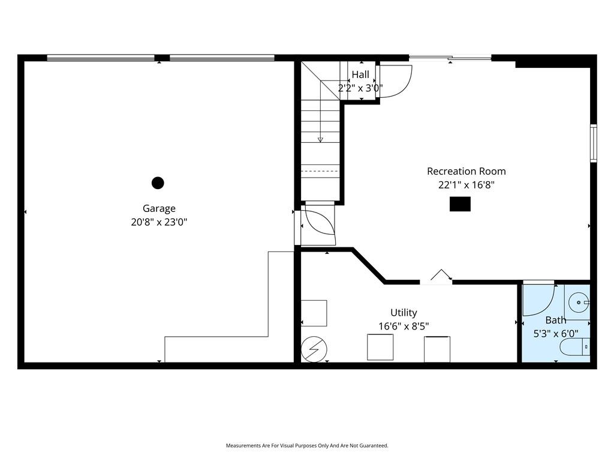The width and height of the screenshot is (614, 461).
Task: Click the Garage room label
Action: coord(159,208)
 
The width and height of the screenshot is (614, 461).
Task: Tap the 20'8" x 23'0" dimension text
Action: coord(159,222)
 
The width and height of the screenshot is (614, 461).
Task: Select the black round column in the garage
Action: coord(158,182)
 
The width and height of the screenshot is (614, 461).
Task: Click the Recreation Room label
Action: coord(466,171)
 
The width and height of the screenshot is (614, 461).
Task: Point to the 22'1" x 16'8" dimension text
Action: coord(466,185)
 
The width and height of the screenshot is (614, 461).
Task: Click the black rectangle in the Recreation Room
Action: coord(460,204)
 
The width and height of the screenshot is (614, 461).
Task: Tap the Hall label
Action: coord(360,74)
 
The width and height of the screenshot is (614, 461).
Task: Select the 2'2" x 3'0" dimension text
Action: coord(360,88)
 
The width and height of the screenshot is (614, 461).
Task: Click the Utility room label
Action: coord(404,312)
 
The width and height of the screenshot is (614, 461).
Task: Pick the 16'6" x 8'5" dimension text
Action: coord(404,326)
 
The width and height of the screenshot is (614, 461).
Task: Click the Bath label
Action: coord(556,321)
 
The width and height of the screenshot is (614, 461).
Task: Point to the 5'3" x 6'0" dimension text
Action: coord(556,334)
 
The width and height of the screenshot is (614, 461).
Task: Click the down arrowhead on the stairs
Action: coord(320,139)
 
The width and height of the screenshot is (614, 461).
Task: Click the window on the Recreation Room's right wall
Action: coord(594,143)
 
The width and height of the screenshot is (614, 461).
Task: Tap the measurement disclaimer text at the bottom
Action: coord(307,446)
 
